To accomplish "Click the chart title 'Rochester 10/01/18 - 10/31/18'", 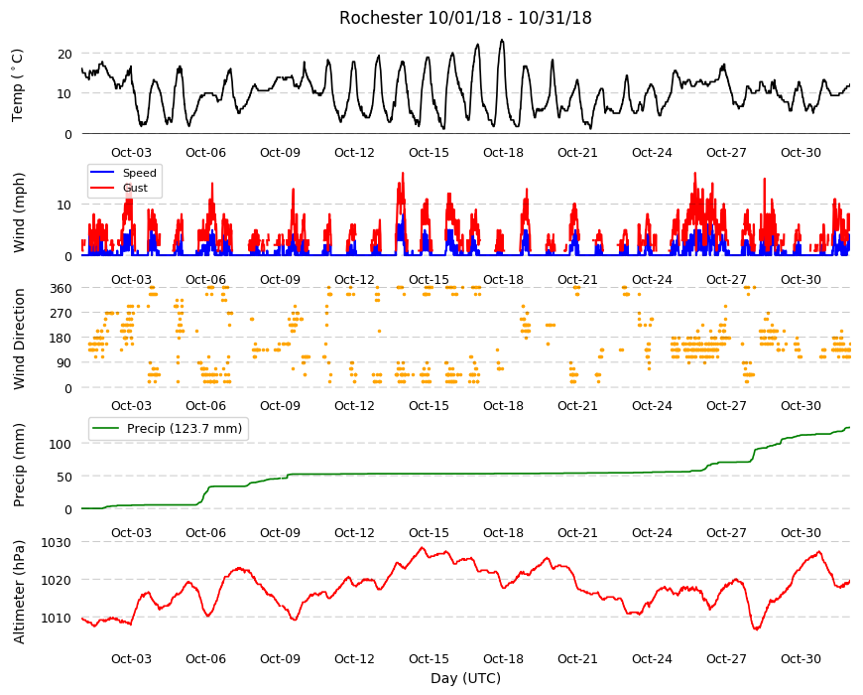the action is (465, 18).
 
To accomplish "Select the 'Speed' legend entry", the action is (139, 173).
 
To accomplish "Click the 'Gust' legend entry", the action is (135, 188).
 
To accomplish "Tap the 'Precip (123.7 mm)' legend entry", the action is (185, 429).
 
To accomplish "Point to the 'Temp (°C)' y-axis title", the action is (18, 85).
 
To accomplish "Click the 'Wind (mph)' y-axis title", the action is (19, 212).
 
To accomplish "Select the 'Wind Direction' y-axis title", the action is (19, 339).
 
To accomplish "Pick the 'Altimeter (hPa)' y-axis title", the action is (19, 592).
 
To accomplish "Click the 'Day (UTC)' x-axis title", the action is (465, 678).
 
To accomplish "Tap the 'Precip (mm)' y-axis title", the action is (19, 465).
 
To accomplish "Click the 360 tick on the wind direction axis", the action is (61, 289).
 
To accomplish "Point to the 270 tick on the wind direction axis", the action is (61, 314).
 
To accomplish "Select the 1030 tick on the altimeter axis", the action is (57, 542).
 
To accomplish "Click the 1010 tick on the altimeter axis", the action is (57, 618).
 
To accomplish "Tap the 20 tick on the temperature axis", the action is (64, 54).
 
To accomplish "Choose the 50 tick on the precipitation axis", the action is (64, 477).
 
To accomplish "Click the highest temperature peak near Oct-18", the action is (501, 40).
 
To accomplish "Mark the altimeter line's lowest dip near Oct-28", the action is (757, 628).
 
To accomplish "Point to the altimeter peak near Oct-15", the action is (423, 547).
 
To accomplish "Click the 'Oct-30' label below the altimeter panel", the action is (801, 658).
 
